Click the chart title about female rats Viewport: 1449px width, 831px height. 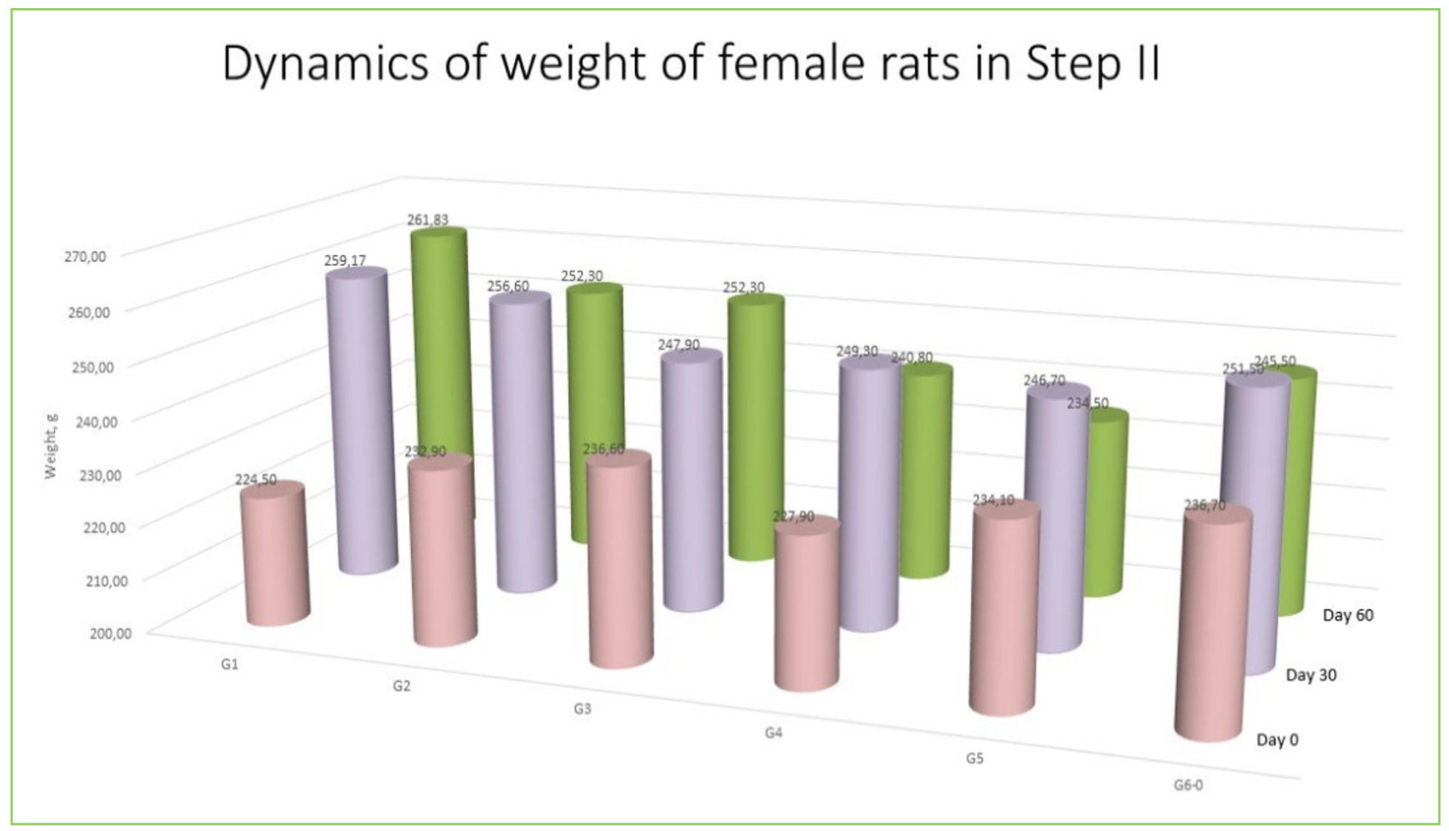[x=690, y=64]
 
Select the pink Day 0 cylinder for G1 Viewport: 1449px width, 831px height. [x=275, y=555]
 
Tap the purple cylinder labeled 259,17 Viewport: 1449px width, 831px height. [x=361, y=422]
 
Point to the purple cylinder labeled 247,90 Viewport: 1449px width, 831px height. [x=692, y=481]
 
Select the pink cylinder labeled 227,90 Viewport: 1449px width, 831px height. [x=807, y=604]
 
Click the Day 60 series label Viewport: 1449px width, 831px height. [x=1348, y=615]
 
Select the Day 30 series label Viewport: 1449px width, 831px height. [x=1310, y=675]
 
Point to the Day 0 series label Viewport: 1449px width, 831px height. [x=1276, y=740]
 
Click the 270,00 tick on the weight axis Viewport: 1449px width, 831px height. [x=85, y=257]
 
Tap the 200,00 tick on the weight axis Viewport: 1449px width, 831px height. [x=110, y=634]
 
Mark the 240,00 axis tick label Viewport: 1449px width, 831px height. [x=96, y=422]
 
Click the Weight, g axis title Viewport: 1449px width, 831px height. [x=50, y=446]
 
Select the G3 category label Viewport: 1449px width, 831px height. [x=582, y=710]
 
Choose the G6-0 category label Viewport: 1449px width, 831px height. [x=1187, y=785]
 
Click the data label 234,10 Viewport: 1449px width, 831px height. [x=993, y=501]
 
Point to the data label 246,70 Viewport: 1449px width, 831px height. [x=1044, y=381]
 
